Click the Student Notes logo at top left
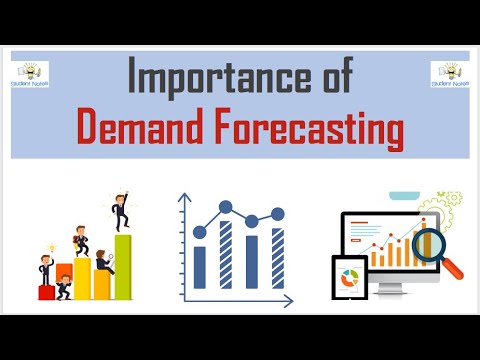tap(31, 75)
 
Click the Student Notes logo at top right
tap(449, 75)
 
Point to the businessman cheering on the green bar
tap(121, 211)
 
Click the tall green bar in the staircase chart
tap(123, 267)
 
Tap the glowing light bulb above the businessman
tap(47, 244)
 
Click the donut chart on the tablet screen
tap(350, 279)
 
